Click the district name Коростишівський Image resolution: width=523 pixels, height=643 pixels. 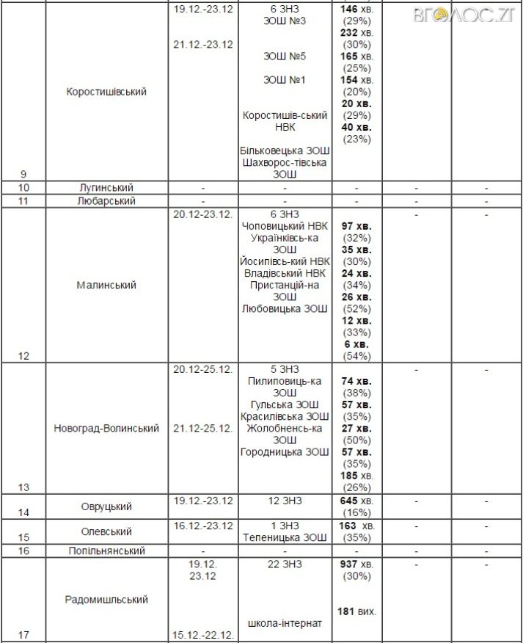point(106,92)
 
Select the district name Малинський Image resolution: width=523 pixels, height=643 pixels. point(106,285)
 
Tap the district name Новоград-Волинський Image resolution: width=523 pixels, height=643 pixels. point(106,428)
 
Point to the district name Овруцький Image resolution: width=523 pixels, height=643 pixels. point(106,506)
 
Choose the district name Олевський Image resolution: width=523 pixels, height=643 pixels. point(106,531)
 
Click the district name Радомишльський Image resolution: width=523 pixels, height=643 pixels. point(106,600)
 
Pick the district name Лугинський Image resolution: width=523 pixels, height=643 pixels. point(106,188)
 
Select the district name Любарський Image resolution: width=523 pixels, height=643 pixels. point(106,200)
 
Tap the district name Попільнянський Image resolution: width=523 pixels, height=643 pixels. point(106,551)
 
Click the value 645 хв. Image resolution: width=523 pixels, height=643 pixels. point(357,501)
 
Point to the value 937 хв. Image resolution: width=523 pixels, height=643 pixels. point(357,564)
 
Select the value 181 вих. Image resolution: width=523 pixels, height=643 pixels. point(357,611)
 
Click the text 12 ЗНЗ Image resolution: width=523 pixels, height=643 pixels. point(285,501)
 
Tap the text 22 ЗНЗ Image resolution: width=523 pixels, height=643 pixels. point(285,564)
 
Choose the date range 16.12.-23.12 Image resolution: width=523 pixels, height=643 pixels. point(203,526)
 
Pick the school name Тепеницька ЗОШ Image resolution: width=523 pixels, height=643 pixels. point(285,538)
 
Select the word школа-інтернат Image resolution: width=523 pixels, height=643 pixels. point(285,623)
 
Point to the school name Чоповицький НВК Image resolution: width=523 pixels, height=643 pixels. point(285,226)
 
